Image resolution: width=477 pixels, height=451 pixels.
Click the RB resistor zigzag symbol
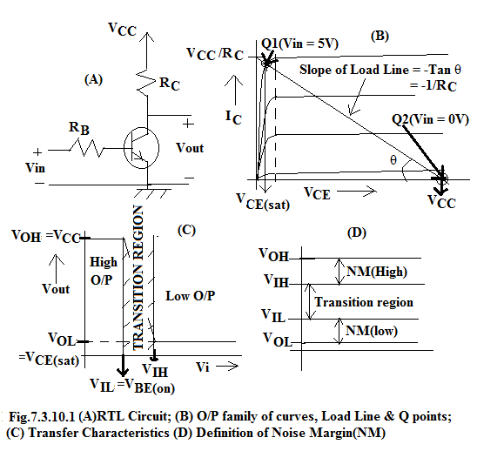point(86,148)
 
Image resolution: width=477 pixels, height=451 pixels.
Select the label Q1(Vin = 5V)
point(299,44)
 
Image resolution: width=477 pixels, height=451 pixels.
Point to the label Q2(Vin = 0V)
point(430,119)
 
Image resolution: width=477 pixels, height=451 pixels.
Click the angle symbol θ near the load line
point(393,160)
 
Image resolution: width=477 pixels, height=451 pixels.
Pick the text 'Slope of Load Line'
point(354,70)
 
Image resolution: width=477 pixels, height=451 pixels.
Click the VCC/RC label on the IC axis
point(215,54)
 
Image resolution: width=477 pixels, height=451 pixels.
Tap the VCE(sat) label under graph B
point(263,202)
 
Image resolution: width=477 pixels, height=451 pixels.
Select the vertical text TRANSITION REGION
point(138,278)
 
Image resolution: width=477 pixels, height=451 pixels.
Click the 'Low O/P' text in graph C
point(190,296)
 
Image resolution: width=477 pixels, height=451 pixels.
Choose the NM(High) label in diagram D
point(377,272)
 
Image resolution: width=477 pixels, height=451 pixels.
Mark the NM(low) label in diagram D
point(372,331)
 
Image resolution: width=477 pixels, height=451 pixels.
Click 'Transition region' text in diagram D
point(364,302)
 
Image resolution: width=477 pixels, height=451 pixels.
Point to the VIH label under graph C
point(155,370)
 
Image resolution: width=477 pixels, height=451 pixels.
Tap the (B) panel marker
point(380,37)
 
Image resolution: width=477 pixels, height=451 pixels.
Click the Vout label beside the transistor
point(190,148)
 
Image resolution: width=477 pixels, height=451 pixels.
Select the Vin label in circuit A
point(36,168)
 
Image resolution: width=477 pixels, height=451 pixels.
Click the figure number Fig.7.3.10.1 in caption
point(42,416)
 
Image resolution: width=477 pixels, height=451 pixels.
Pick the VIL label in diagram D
point(274,315)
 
